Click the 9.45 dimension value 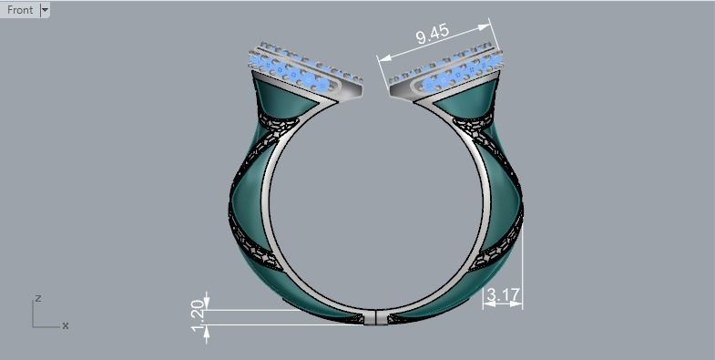pos(433,36)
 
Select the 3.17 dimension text pos(503,294)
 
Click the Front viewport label pos(20,10)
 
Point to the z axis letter pos(37,298)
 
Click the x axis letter pos(66,325)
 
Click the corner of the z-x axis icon pos(34,325)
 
